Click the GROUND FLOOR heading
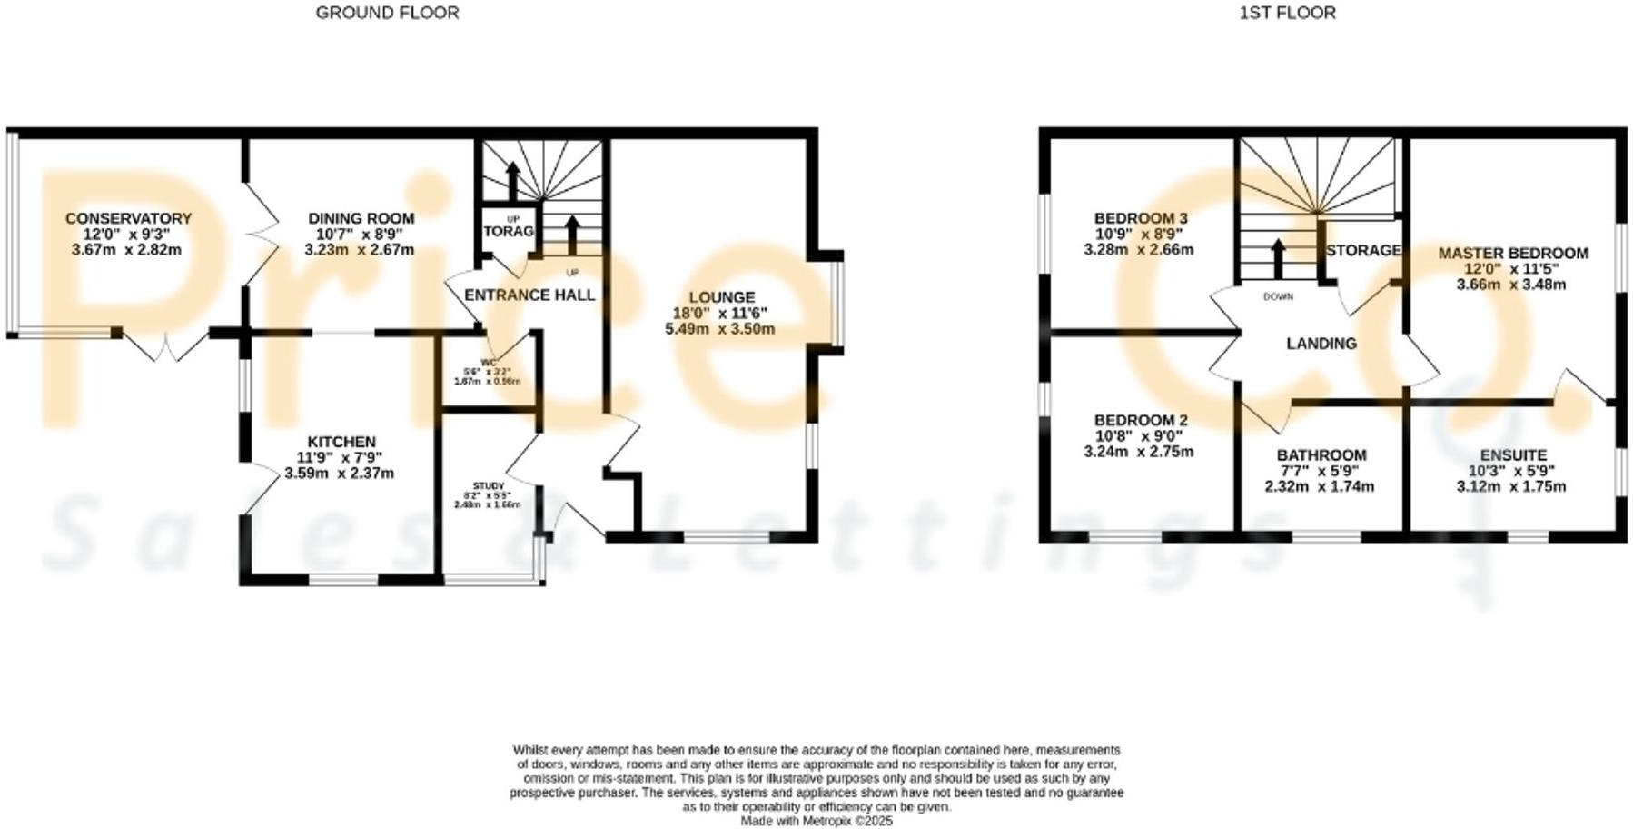coord(387,13)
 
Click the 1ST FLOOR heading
coord(1287,13)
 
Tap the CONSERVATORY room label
coord(128,218)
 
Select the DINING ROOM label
coord(361,218)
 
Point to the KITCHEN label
coord(341,442)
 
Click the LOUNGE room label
coord(721,296)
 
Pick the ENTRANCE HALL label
coord(529,295)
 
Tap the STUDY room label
coord(488,486)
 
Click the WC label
coord(489,363)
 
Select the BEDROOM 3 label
coord(1140,218)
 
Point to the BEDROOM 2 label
coord(1140,420)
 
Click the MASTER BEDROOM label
coord(1512,253)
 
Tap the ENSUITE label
coord(1512,455)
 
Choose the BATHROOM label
coord(1321,455)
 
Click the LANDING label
coord(1321,343)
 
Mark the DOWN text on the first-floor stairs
coord(1277,296)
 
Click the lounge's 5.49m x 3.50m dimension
coord(719,328)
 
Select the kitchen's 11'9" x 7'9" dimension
coord(340,457)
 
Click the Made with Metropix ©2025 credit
coord(816,821)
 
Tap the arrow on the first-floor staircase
coord(1278,258)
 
